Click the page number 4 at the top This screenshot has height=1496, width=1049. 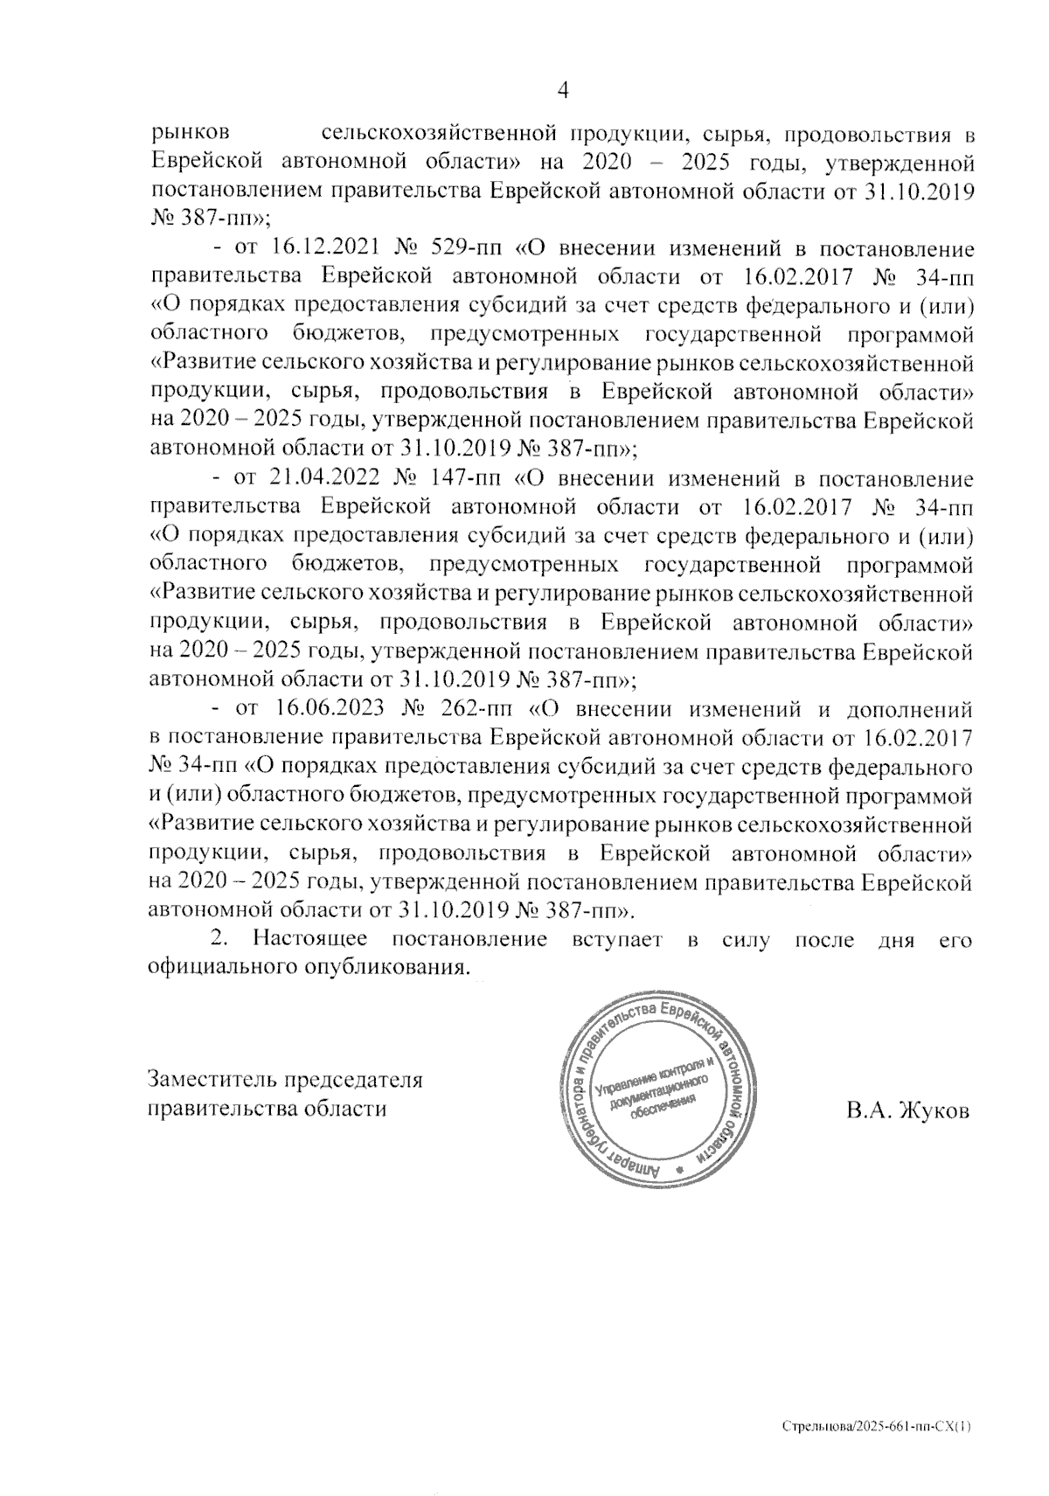click(x=563, y=91)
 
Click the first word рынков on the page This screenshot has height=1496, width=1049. click(x=191, y=135)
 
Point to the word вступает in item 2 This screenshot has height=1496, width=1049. click(x=621, y=942)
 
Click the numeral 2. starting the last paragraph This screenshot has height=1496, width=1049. click(x=220, y=942)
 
